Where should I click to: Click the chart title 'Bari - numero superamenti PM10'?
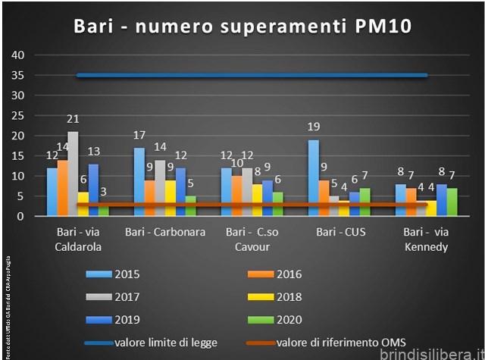242,27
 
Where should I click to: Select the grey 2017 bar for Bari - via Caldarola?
73,174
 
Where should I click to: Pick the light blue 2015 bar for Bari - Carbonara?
139,182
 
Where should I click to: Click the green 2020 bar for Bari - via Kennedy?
452,202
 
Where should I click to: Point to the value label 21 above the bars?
74,119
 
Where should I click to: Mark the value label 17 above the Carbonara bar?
139,136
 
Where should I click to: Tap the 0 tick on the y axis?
22,216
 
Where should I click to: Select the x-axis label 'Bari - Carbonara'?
165,232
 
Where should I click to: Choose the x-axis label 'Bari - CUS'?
340,232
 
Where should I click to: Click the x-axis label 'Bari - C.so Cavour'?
252,239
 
